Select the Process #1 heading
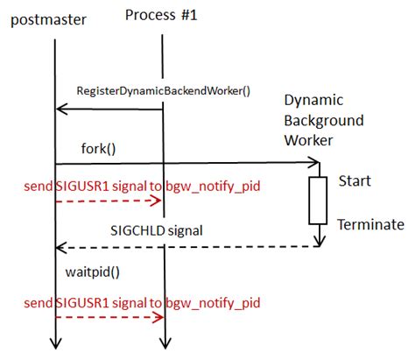[x=162, y=14]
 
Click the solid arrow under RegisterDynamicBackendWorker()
[x=109, y=109]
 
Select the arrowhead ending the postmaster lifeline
[x=54, y=344]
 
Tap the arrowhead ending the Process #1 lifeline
[x=162, y=344]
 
